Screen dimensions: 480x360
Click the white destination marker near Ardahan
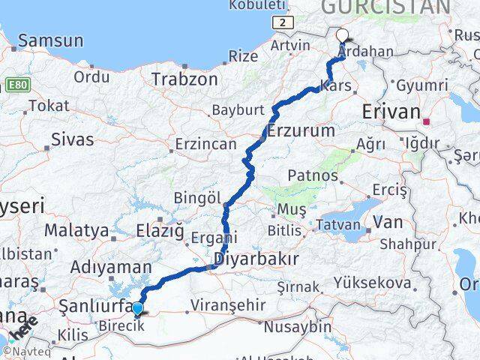pyautogui.click(x=343, y=35)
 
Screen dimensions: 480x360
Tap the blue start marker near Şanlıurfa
pyautogui.click(x=137, y=309)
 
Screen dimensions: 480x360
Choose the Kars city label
pyautogui.click(x=335, y=86)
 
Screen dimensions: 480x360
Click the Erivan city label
pyautogui.click(x=391, y=112)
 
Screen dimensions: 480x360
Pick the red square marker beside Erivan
pyautogui.click(x=426, y=121)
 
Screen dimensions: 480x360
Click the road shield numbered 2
pyautogui.click(x=282, y=23)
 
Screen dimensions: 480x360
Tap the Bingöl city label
pyautogui.click(x=197, y=198)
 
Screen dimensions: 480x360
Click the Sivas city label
pyautogui.click(x=73, y=139)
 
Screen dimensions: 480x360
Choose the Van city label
pyautogui.click(x=388, y=222)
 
